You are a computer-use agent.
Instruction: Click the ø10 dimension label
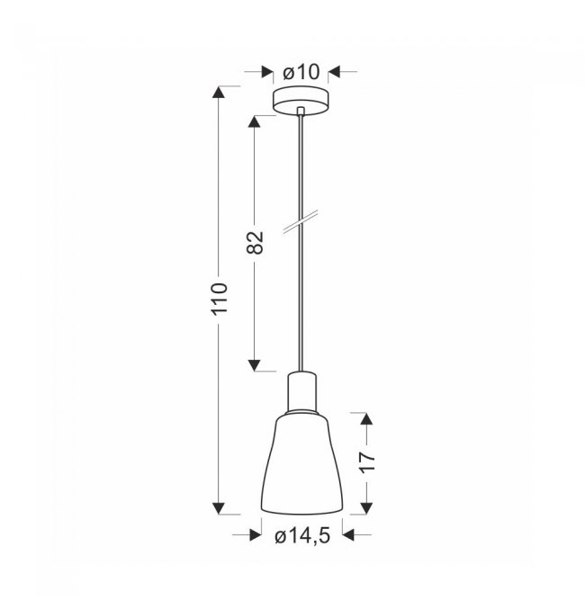[301, 72]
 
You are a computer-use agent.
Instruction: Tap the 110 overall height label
[220, 299]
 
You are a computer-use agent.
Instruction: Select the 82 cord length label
[255, 243]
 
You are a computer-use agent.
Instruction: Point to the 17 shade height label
[367, 462]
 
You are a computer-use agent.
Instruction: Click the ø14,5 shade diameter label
[302, 536]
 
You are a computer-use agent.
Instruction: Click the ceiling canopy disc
[300, 100]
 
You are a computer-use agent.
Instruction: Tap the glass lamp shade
[301, 464]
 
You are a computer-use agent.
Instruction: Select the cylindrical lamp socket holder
[301, 392]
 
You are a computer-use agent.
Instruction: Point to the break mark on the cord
[300, 222]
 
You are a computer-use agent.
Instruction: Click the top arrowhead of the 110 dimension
[219, 93]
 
